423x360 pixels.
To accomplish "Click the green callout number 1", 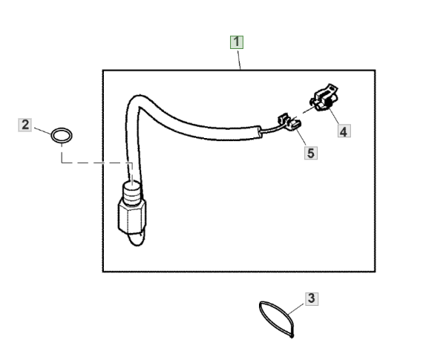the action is point(237,42).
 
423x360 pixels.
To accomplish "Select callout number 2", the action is point(25,125).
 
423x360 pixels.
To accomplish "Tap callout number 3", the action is point(312,298).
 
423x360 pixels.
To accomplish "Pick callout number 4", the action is point(344,131).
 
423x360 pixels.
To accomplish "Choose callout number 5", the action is point(311,153).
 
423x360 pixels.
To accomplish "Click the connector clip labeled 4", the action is point(324,98).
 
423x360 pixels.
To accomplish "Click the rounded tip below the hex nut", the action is point(136,239).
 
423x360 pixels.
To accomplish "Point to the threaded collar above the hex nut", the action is point(132,192).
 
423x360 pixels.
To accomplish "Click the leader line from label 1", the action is point(239,60).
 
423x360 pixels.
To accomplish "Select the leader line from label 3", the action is point(296,310).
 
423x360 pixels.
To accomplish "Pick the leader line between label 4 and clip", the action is point(334,116).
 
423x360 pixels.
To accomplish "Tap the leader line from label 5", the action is point(301,137).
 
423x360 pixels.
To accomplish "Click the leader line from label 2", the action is point(42,131).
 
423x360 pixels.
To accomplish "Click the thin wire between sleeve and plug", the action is point(270,131).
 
